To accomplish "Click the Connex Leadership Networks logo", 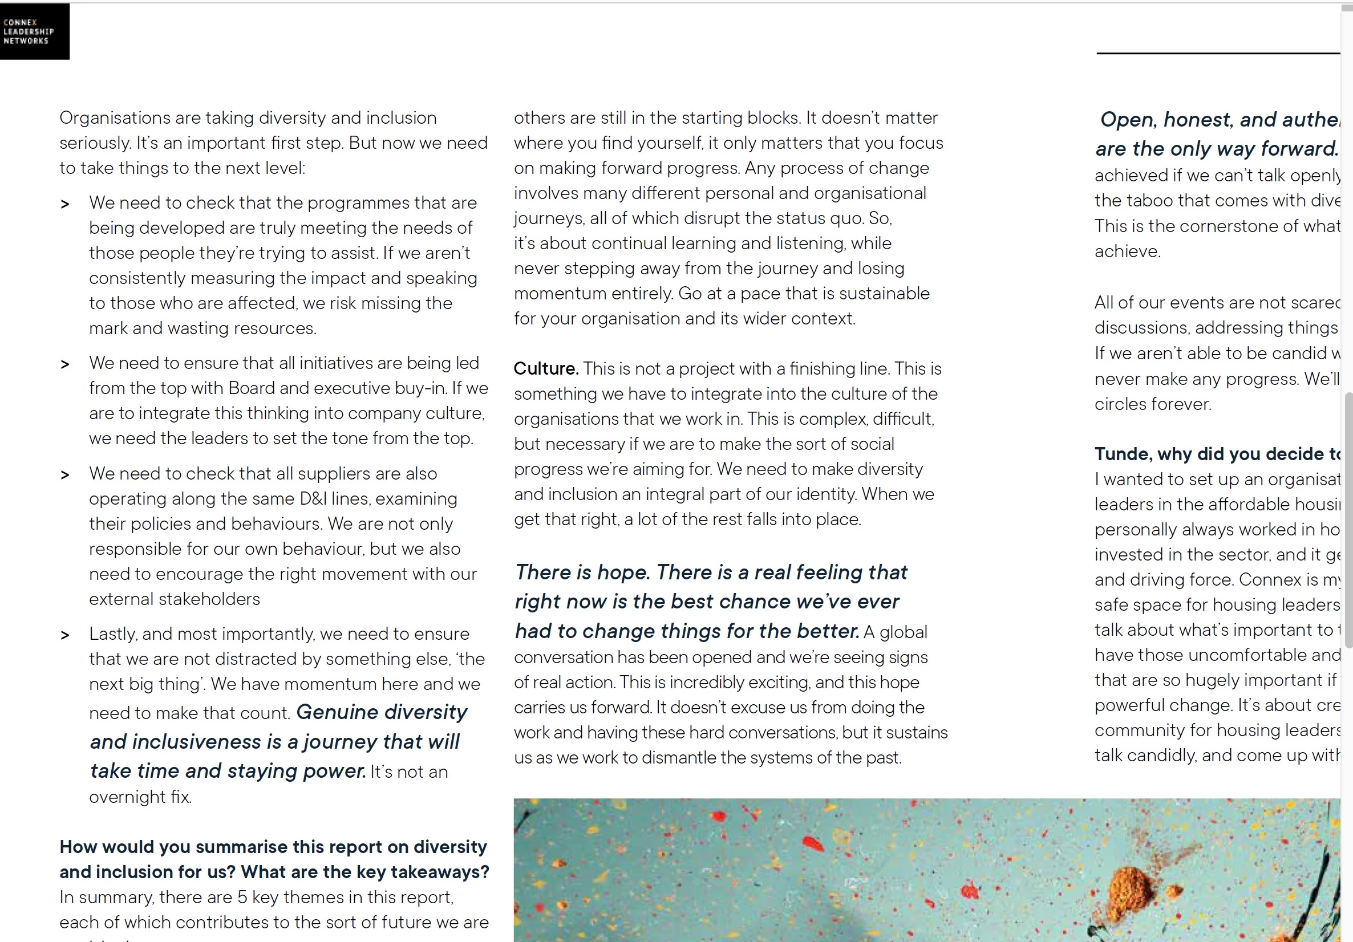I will click(34, 31).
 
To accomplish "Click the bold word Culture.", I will click(546, 369).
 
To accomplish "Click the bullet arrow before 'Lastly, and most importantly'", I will click(66, 635).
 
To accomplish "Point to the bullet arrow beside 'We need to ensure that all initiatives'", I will click(66, 365).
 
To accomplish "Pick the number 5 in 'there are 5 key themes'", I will click(242, 897).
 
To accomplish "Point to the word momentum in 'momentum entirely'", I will click(552, 294).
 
